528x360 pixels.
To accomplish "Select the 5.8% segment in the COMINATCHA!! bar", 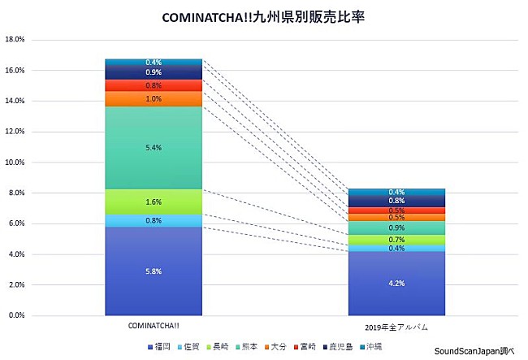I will pos(154,271).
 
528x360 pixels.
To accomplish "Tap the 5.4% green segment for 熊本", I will pos(154,148).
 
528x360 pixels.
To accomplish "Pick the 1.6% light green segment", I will pos(154,202).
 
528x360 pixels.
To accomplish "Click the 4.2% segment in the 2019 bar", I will pos(396,283).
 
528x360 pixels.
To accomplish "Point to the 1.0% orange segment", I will pos(154,98).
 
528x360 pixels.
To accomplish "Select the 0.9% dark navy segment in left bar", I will pos(154,72).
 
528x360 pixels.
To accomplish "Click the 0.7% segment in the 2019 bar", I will pos(396,240).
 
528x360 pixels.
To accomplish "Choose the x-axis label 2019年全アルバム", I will pos(396,327).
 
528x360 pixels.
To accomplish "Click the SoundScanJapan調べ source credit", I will pos(479,352).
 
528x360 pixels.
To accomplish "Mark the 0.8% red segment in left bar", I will pos(154,85).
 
